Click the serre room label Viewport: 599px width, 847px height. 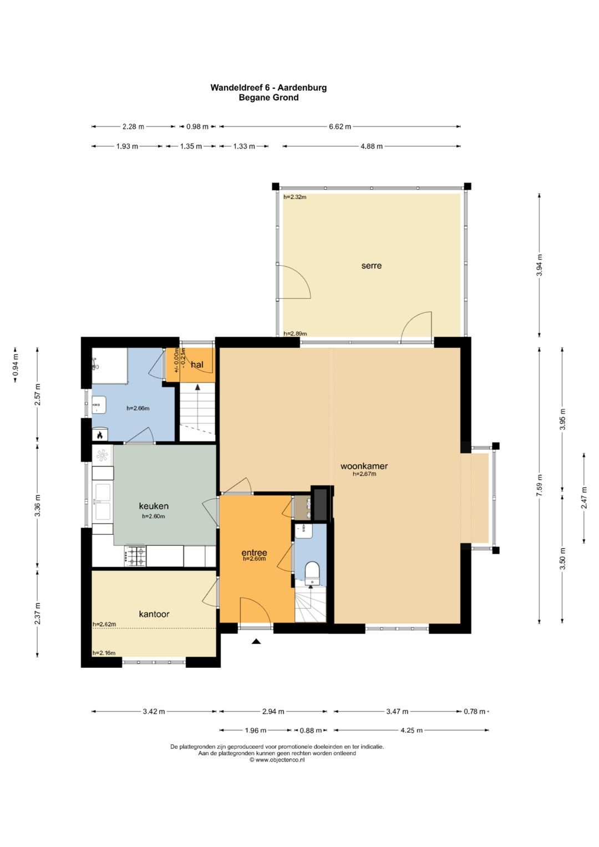372,266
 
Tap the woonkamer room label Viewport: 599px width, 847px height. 364,466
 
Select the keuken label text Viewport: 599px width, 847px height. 154,506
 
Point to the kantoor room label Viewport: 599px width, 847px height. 154,613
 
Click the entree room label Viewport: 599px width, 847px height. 254,553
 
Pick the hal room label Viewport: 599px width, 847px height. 197,364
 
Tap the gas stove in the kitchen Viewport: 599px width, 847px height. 135,556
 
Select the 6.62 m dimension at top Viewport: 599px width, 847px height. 340,126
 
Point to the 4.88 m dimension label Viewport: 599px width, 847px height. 372,146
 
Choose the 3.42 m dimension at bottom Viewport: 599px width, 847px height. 154,711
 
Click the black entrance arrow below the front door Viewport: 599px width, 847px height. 256,641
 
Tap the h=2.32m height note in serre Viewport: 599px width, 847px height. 295,197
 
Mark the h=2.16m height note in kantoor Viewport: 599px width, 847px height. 104,653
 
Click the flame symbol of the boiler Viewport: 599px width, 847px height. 100,435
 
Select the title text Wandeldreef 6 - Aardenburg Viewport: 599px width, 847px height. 268,87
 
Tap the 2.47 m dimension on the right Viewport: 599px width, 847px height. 584,498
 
